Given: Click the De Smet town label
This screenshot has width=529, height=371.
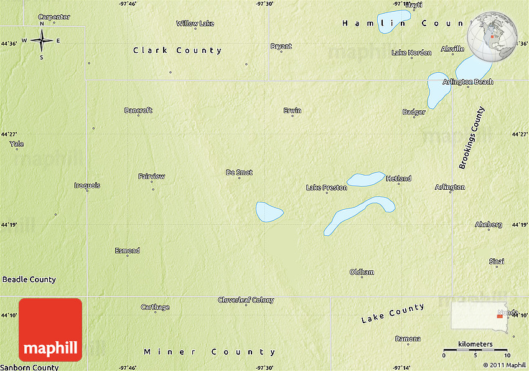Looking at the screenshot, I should (239, 172).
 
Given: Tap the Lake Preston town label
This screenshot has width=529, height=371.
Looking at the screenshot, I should (326, 187).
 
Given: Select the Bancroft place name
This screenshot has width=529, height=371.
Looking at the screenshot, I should (138, 110).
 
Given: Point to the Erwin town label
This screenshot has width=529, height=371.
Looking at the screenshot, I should (293, 111).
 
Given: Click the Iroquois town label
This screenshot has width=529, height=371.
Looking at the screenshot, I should (87, 185).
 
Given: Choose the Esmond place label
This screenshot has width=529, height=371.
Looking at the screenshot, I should (127, 251).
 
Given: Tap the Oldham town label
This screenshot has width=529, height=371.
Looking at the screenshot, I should (362, 272).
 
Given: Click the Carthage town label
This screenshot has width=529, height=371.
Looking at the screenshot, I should (155, 307).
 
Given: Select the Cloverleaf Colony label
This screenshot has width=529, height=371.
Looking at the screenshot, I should (246, 300).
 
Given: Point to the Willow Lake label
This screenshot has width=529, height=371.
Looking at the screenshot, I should (195, 24).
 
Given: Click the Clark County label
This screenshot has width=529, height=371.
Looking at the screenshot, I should (177, 50).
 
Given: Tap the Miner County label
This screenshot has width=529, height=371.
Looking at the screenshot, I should (209, 352).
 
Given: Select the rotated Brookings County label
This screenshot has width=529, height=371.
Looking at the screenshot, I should (471, 138).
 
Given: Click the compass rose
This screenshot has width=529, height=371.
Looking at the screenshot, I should (42, 41).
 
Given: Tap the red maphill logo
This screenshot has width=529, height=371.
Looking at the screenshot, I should (50, 329).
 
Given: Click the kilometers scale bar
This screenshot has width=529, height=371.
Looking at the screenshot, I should (475, 350).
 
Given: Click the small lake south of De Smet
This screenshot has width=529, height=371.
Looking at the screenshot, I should (269, 212).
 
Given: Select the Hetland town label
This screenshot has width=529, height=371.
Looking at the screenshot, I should (398, 179).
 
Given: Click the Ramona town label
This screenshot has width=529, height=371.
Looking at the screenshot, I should (408, 339).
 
